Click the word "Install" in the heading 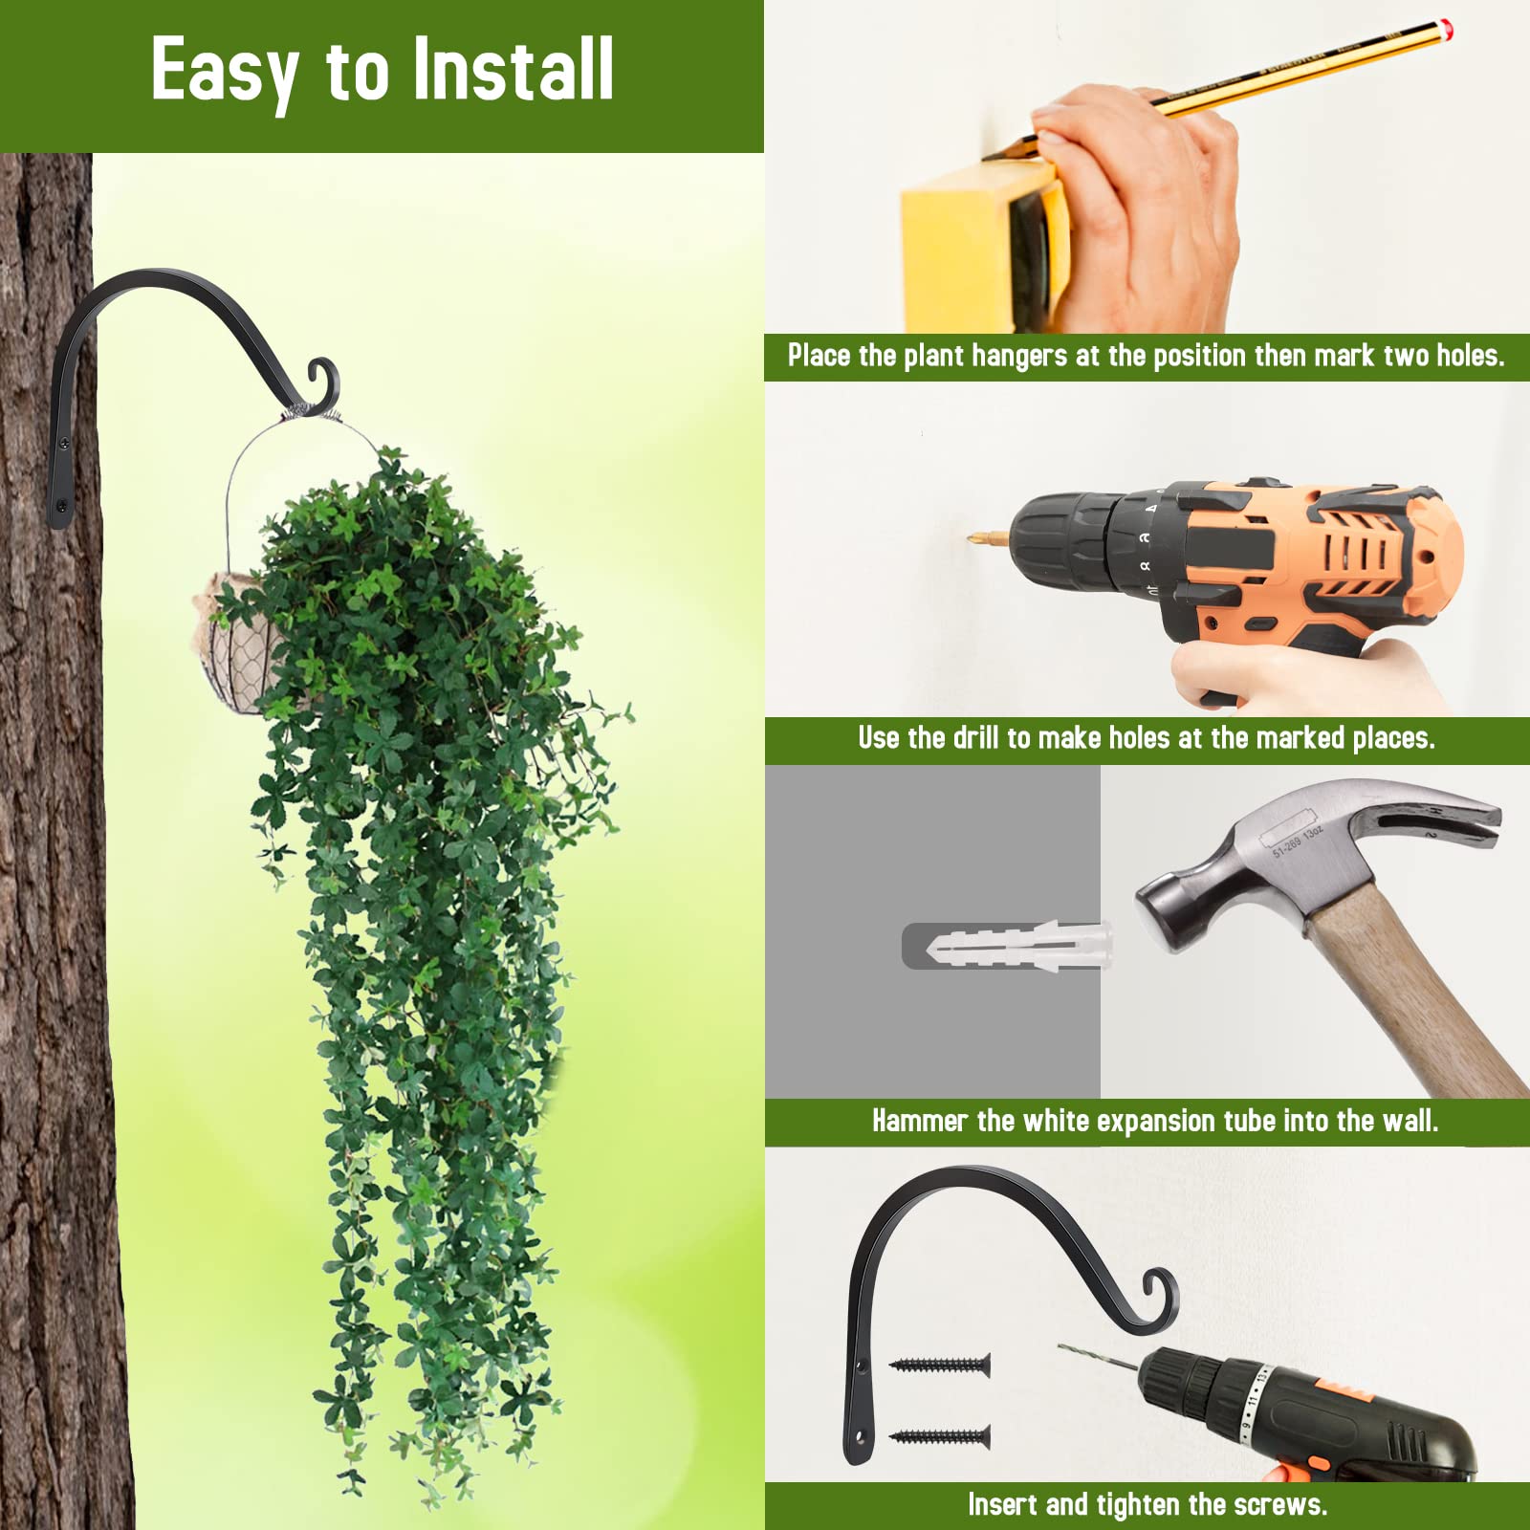(514, 69)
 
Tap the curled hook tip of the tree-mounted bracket (322, 380)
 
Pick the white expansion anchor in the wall (1018, 947)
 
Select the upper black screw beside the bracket (940, 1365)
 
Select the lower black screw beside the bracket (940, 1435)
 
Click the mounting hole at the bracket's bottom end (858, 1435)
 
